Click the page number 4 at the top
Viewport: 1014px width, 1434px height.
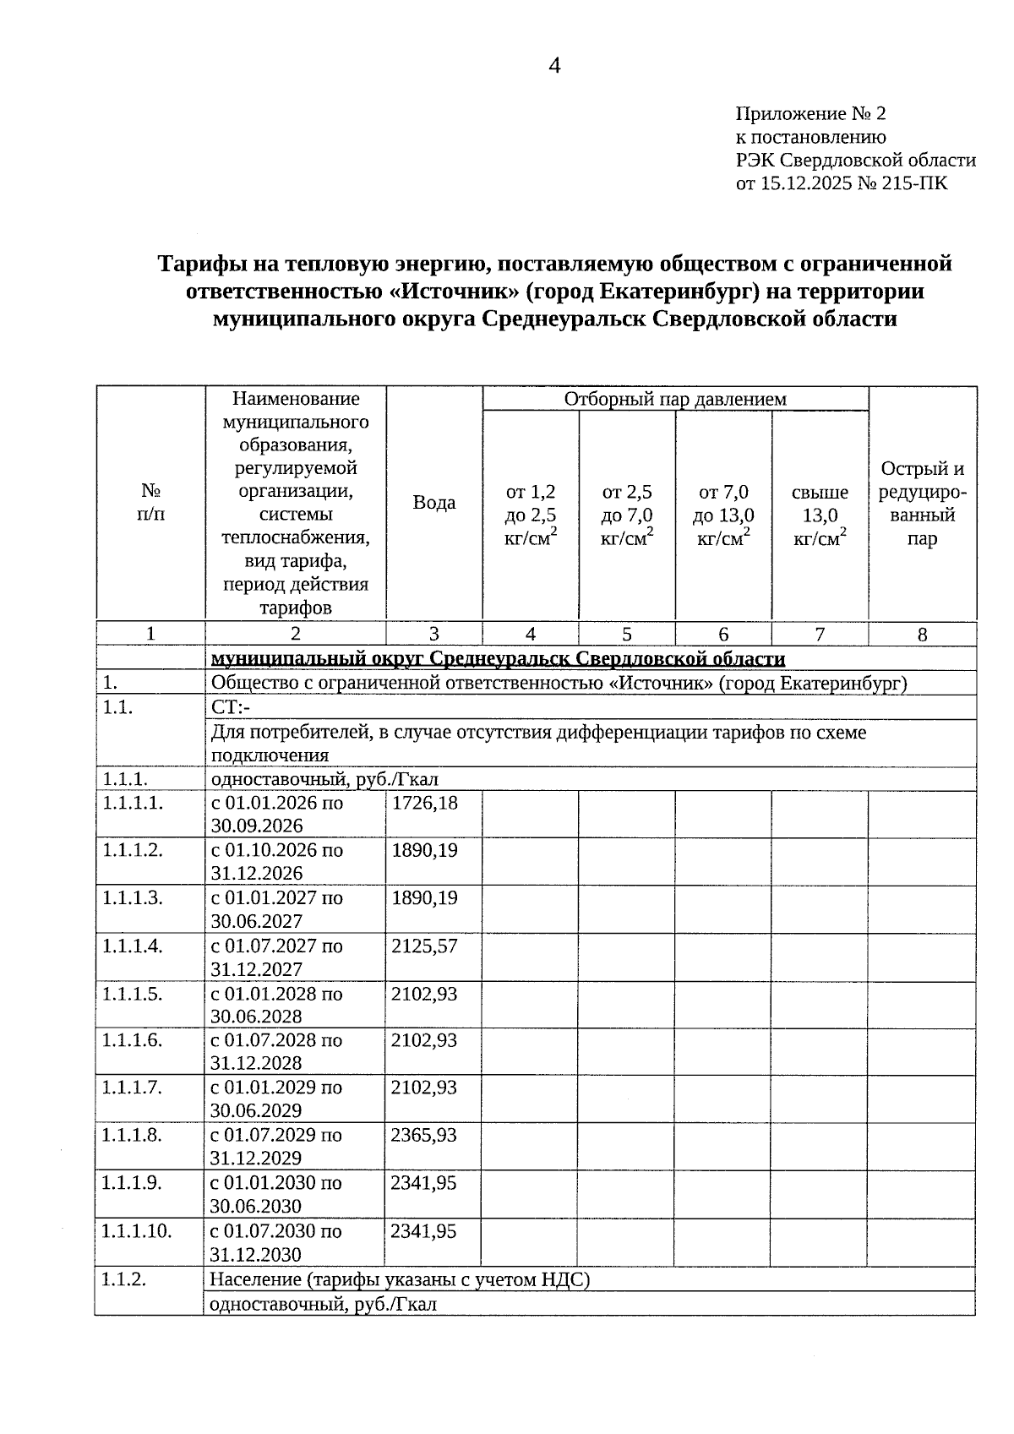tap(554, 66)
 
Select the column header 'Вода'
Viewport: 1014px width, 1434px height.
tap(433, 503)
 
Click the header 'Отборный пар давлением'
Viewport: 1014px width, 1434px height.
tap(675, 399)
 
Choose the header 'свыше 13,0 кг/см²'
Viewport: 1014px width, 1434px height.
tap(820, 515)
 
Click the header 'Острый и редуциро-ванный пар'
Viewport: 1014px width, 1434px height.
tap(922, 503)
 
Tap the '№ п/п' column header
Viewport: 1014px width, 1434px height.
tap(150, 503)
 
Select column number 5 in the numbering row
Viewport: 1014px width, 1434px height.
tap(626, 635)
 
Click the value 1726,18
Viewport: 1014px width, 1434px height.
tap(424, 803)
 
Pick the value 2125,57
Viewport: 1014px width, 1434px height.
tap(424, 946)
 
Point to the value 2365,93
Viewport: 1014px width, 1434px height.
tap(424, 1135)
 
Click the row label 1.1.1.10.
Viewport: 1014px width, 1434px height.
tap(136, 1231)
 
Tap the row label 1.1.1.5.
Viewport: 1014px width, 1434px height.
tap(132, 994)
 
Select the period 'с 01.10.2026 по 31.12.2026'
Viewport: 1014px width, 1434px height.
tap(277, 861)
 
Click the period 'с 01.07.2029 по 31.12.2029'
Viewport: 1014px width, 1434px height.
tap(276, 1146)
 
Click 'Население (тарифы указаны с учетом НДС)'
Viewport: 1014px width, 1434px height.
tap(400, 1279)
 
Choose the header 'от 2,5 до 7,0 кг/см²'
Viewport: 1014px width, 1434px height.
tap(626, 515)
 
